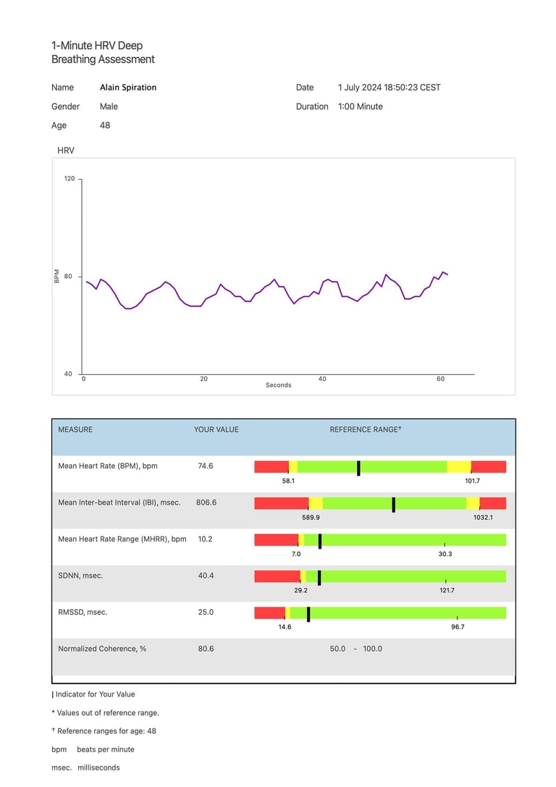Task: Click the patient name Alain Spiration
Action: pyautogui.click(x=128, y=88)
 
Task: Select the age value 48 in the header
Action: pyautogui.click(x=105, y=125)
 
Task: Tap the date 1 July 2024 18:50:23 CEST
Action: pyautogui.click(x=389, y=88)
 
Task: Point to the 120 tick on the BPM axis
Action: pyautogui.click(x=69, y=178)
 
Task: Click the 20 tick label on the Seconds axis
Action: pyautogui.click(x=203, y=379)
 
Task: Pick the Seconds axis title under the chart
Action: pyautogui.click(x=278, y=385)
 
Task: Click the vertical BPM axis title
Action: pyautogui.click(x=57, y=276)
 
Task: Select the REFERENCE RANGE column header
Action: pyautogui.click(x=365, y=429)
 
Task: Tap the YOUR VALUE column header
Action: pyautogui.click(x=216, y=429)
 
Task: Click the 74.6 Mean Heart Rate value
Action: pyautogui.click(x=206, y=466)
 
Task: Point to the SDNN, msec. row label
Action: pyautogui.click(x=82, y=576)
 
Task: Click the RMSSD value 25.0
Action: pyautogui.click(x=206, y=613)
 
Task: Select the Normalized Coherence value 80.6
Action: pyautogui.click(x=206, y=649)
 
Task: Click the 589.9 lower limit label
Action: pyautogui.click(x=311, y=518)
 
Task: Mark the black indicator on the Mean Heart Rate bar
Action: pyautogui.click(x=358, y=468)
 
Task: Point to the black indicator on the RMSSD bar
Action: pyautogui.click(x=308, y=614)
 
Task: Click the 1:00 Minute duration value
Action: pyautogui.click(x=360, y=106)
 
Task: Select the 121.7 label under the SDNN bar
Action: pyautogui.click(x=447, y=591)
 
